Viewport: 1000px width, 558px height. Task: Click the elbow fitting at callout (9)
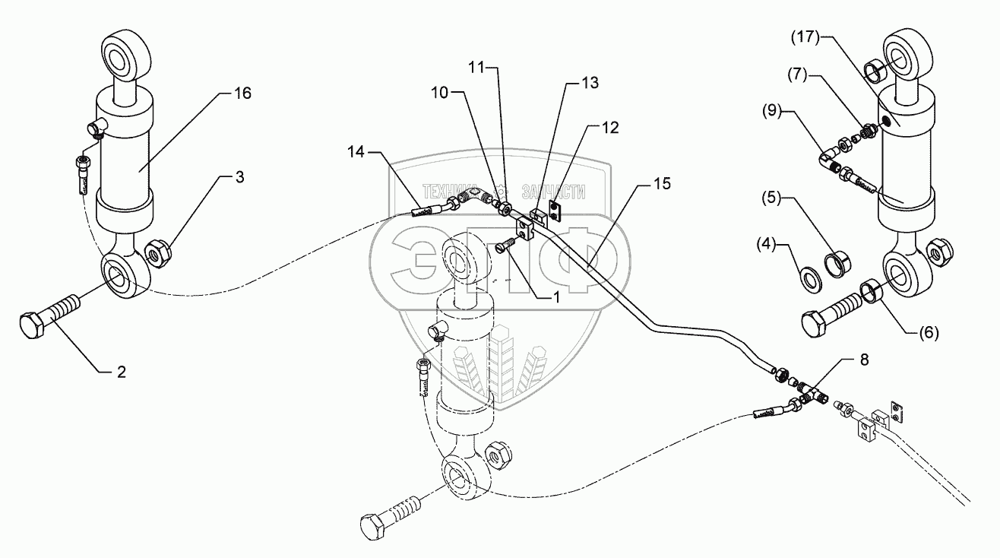829,157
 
